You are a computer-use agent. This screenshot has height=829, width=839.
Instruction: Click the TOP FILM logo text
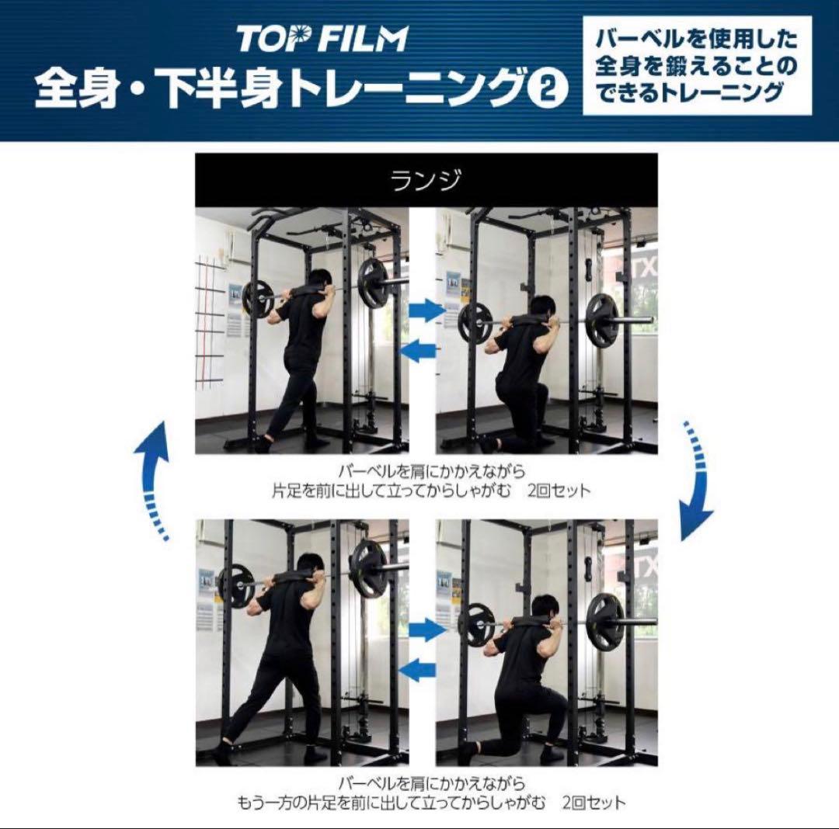click(x=322, y=39)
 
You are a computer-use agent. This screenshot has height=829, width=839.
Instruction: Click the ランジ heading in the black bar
click(x=426, y=181)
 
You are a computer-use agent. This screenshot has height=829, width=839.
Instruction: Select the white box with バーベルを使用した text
click(x=697, y=68)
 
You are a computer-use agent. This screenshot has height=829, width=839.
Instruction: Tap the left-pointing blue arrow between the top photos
click(x=418, y=351)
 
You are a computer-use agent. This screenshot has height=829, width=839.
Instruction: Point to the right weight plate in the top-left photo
click(x=374, y=284)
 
